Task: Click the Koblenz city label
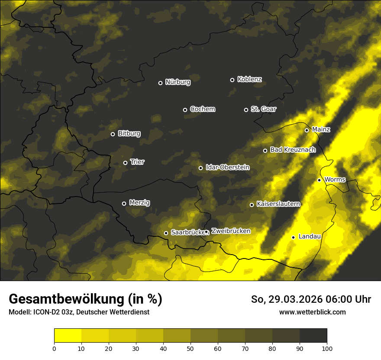[x=250, y=79]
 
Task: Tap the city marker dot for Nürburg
[x=160, y=83]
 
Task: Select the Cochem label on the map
[x=202, y=109]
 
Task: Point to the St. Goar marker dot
[x=246, y=110]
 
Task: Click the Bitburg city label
[x=129, y=134]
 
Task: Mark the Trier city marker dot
[x=125, y=163]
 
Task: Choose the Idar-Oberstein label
[x=227, y=167]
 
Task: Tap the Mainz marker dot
[x=307, y=130]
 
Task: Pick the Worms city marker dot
[x=319, y=180]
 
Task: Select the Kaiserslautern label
[x=278, y=204]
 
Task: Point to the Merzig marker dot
[x=124, y=203]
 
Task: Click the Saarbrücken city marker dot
[x=166, y=233]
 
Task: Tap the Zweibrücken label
[x=231, y=231]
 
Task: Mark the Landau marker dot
[x=293, y=237]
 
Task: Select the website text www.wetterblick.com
[x=312, y=312]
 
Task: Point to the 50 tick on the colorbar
[x=190, y=348]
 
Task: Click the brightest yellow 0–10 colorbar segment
[x=68, y=336]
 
